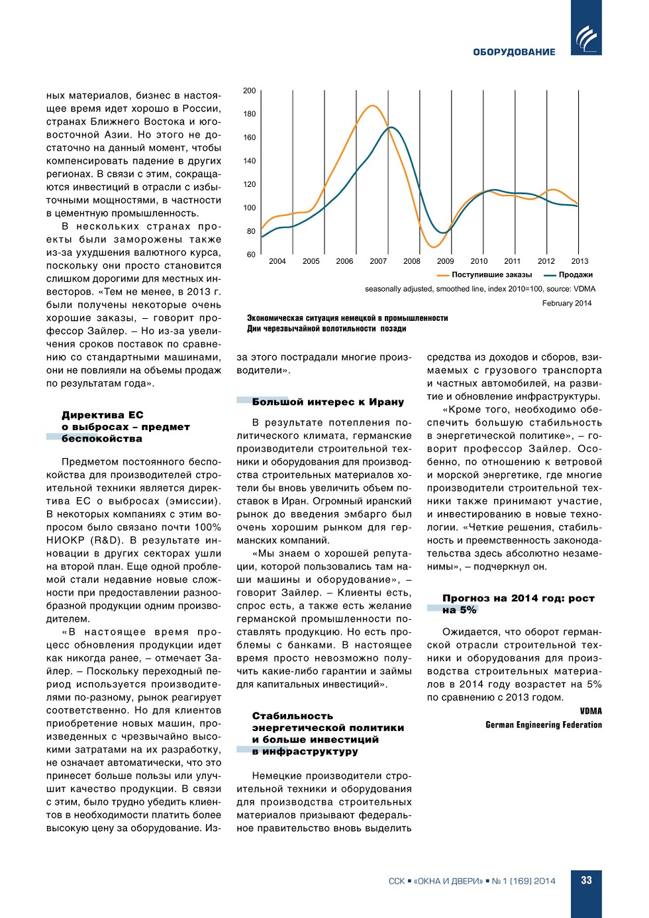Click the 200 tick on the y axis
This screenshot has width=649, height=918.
tap(249, 91)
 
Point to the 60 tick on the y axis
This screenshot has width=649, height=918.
tap(251, 255)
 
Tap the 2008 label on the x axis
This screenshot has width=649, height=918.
tap(412, 261)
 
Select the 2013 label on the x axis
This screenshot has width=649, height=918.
tap(579, 261)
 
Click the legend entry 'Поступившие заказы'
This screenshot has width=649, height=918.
tap(491, 275)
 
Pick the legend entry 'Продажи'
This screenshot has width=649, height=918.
tap(575, 275)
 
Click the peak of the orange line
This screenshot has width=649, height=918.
tap(374, 105)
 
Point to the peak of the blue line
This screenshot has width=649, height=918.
tap(392, 127)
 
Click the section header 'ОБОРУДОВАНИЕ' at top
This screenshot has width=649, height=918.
tap(514, 52)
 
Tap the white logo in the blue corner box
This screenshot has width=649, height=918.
tap(586, 38)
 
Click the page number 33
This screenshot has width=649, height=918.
tap(586, 880)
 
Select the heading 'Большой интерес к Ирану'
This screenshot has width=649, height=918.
tap(328, 402)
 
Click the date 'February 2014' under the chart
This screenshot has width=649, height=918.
tap(567, 304)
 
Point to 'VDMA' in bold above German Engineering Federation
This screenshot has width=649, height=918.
tap(591, 711)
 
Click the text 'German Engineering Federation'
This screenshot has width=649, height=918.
tap(544, 725)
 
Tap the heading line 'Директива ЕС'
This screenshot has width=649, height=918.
tap(103, 415)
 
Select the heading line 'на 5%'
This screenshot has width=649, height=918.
tap(460, 610)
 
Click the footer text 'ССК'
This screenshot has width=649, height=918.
tap(396, 881)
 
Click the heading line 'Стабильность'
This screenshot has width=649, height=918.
tap(293, 716)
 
